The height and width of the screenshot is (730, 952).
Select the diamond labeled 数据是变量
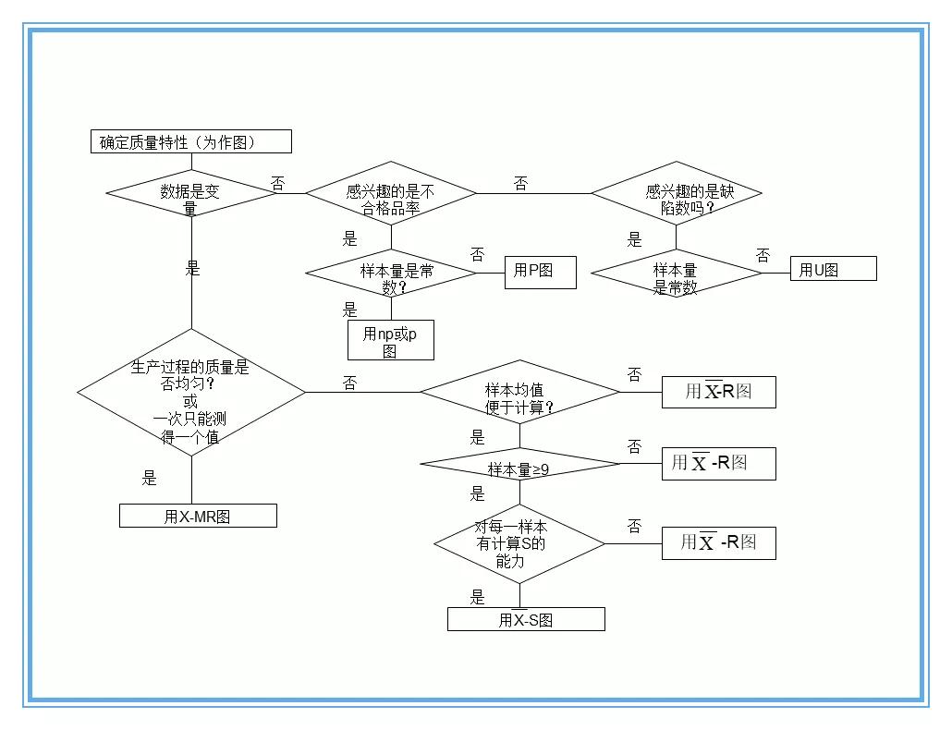(190, 194)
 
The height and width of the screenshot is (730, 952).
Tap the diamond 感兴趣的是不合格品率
(390, 194)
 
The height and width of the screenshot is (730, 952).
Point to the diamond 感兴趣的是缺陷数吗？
(676, 194)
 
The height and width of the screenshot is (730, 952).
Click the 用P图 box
(540, 271)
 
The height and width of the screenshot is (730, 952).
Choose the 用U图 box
(832, 270)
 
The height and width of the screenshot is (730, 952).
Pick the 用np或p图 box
(390, 340)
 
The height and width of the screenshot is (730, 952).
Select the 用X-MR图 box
(198, 517)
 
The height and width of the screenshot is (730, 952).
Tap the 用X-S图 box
(526, 620)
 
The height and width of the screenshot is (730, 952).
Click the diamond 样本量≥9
(519, 465)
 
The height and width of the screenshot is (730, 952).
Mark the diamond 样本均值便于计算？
(519, 393)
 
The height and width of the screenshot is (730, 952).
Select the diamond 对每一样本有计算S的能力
(519, 543)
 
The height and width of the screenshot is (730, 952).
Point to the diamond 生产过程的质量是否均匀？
(190, 393)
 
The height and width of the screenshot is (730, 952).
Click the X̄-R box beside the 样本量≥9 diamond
(718, 464)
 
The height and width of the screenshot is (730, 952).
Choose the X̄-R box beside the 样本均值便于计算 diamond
(718, 392)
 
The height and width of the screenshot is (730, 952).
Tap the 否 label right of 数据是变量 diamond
(278, 184)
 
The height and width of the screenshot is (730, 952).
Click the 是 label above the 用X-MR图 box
(150, 479)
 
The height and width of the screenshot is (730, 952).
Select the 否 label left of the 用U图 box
(763, 255)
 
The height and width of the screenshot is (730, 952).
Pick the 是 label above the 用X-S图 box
(477, 597)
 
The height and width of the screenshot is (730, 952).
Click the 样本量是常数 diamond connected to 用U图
(676, 274)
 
